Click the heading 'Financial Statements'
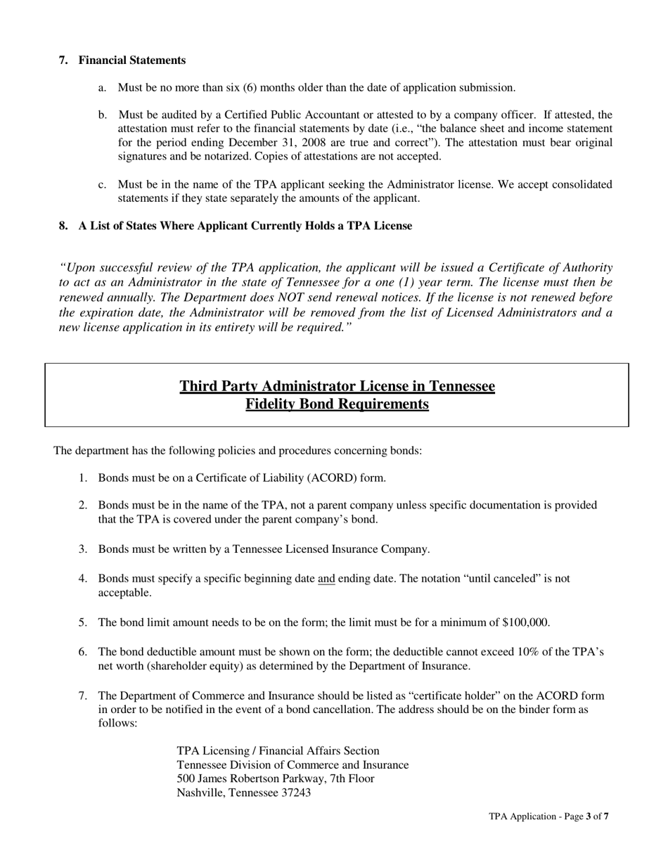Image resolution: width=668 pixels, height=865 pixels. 132,60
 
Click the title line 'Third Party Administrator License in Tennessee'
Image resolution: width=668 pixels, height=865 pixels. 337,386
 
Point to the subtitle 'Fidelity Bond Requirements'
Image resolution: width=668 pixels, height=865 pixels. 337,404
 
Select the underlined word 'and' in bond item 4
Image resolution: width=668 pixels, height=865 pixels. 326,579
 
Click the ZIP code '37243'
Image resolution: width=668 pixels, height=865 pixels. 295,793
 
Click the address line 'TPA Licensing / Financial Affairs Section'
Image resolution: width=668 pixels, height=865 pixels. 278,751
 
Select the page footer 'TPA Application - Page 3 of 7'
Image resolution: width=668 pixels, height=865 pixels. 548,816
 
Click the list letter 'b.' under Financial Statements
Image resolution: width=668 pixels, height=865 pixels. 103,115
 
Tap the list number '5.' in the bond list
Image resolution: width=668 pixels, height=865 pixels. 82,622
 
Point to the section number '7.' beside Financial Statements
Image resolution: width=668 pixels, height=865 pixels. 63,60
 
